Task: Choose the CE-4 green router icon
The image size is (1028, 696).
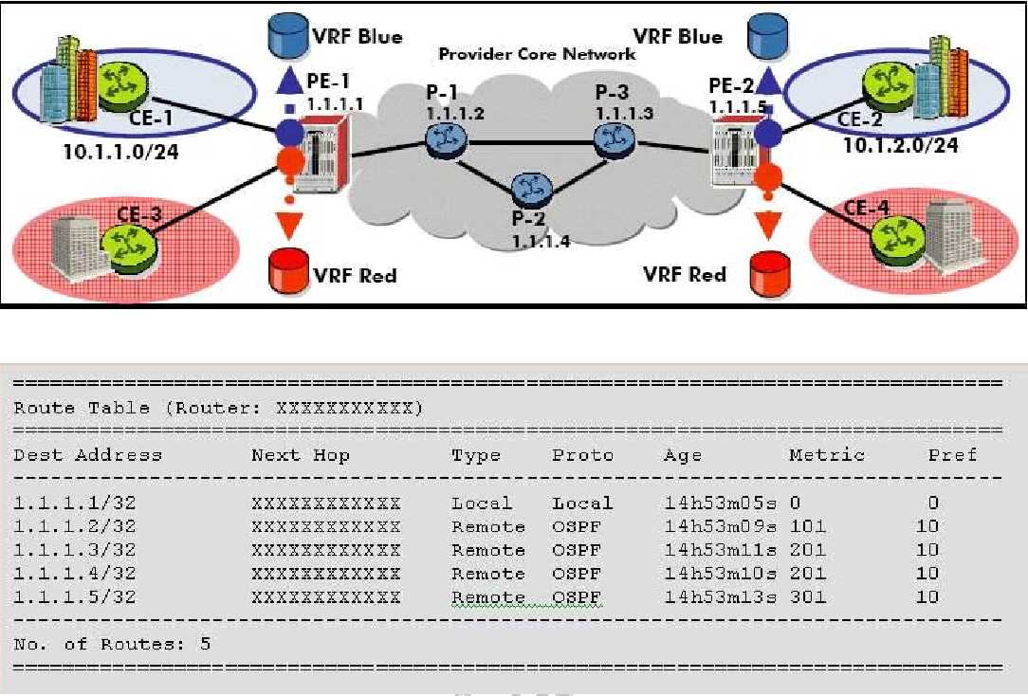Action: coord(895,232)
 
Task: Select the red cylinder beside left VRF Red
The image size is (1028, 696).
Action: coord(289,272)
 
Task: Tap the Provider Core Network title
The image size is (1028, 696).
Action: coord(537,53)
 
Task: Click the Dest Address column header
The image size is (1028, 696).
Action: coord(87,455)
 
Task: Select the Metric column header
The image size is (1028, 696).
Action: coord(827,455)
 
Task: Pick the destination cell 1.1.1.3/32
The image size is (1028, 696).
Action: coord(75,550)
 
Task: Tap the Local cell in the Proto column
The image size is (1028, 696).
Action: coord(582,503)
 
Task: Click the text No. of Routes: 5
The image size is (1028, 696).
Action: coord(112,645)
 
